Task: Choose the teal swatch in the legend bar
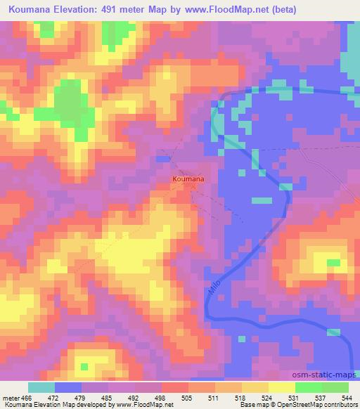[x=41, y=387]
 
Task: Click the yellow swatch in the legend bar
[x=281, y=387]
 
